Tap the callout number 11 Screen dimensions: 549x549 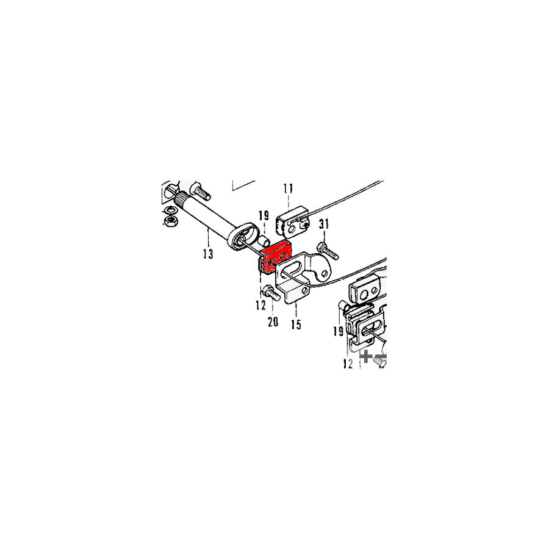click(288, 188)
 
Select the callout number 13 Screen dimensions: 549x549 click(208, 254)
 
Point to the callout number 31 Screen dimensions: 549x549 click(324, 224)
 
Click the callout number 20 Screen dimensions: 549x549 click(273, 321)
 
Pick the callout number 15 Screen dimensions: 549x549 click(296, 325)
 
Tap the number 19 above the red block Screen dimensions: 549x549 click(264, 216)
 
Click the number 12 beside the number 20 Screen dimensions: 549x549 click(261, 306)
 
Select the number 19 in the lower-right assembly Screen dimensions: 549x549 click(339, 331)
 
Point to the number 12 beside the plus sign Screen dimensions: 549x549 click(348, 364)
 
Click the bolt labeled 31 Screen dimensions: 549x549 click(328, 251)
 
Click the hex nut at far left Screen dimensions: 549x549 click(171, 221)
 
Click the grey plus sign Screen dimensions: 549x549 click(366, 356)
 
